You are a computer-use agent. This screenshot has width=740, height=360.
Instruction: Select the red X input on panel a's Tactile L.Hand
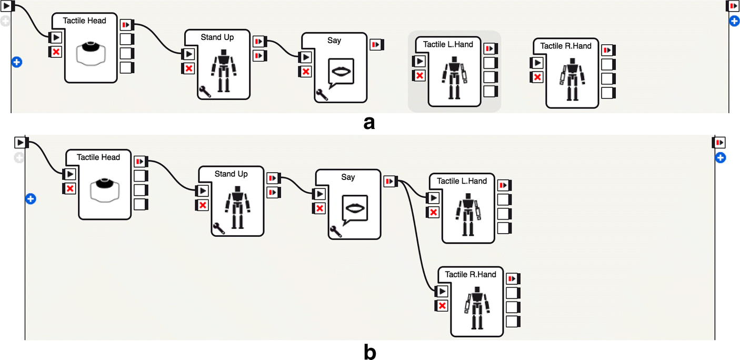(419, 76)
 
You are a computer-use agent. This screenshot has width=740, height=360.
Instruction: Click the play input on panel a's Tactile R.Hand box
(537, 63)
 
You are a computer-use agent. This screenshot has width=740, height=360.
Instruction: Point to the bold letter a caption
(369, 123)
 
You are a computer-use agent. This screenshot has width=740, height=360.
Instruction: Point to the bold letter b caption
(369, 352)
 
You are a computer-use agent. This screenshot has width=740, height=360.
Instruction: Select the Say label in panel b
(348, 177)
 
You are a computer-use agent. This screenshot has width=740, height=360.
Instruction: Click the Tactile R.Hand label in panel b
(471, 274)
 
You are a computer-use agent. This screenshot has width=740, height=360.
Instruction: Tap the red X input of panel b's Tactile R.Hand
(442, 306)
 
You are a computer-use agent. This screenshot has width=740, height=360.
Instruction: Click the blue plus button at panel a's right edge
(734, 21)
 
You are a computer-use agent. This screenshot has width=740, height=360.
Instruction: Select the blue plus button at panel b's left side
(31, 199)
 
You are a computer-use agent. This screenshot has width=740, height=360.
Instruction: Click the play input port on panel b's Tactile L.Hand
(433, 198)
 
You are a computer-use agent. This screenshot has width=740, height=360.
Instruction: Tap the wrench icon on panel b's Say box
(334, 230)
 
